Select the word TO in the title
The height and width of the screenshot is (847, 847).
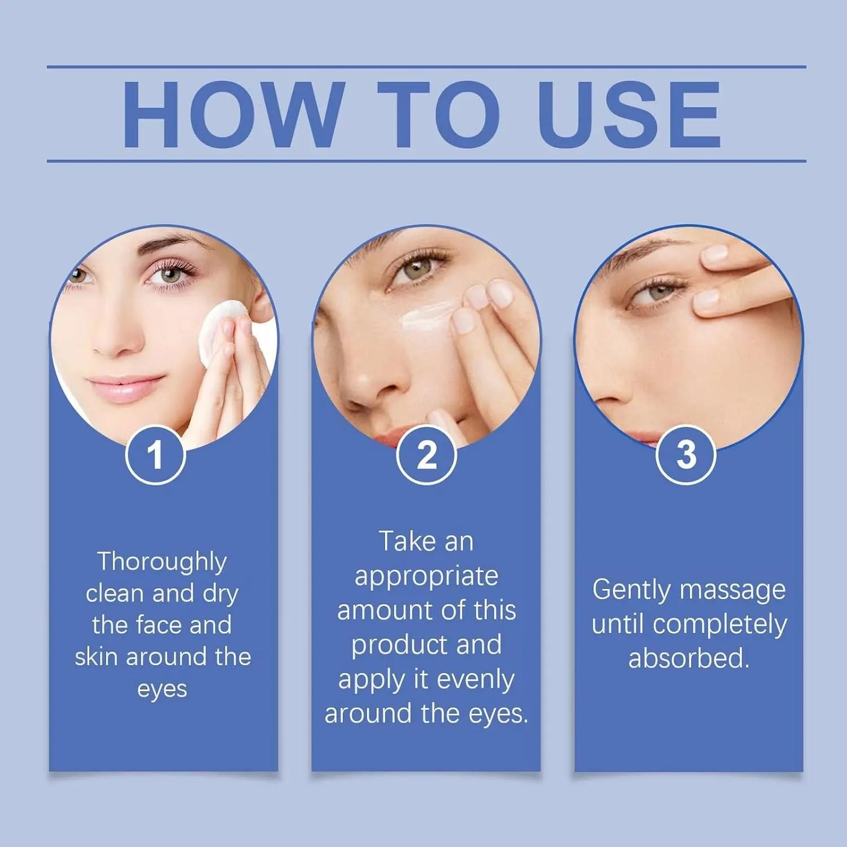point(438,115)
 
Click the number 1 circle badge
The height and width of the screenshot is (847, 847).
point(155,455)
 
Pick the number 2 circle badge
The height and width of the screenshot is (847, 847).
point(426,455)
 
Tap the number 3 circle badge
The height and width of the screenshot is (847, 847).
point(686,455)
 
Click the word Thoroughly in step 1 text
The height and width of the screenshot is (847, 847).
point(162,562)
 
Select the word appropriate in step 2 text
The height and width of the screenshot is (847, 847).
point(426,577)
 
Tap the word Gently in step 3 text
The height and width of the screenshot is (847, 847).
point(631,590)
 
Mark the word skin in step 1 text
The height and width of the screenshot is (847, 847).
point(96,657)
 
